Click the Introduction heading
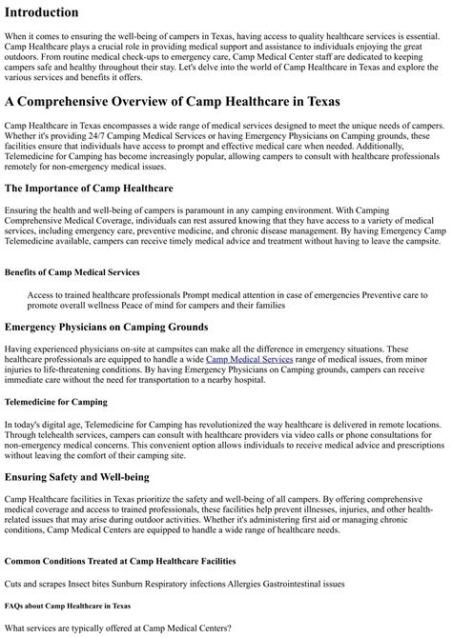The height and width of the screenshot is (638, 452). click(x=54, y=12)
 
